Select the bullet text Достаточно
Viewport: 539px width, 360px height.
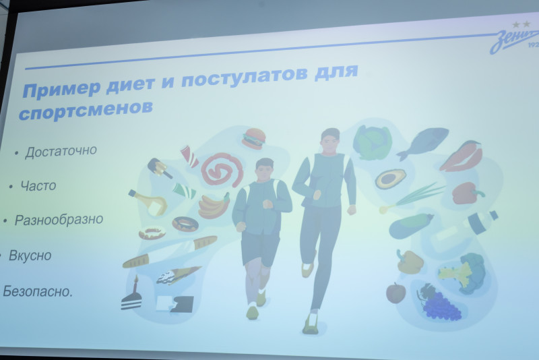click(61, 150)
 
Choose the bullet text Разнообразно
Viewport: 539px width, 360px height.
click(59, 220)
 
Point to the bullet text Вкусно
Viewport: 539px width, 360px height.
click(30, 256)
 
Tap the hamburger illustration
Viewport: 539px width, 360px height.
click(254, 138)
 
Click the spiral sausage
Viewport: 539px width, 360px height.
click(222, 169)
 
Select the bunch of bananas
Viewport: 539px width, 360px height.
click(214, 205)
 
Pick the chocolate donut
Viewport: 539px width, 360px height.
click(185, 223)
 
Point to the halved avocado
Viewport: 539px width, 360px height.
click(389, 179)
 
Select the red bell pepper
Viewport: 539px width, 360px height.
click(466, 193)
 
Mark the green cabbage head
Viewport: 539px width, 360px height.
click(373, 142)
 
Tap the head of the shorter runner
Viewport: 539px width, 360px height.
click(265, 169)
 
